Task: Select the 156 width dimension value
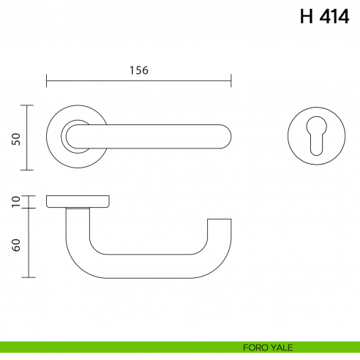(139, 70)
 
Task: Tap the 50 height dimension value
(15, 138)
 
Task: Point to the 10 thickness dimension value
(15, 202)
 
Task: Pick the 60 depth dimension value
(15, 244)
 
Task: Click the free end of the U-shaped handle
(220, 222)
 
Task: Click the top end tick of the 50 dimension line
(28, 105)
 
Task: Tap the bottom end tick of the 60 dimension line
(28, 277)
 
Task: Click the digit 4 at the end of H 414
(342, 16)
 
